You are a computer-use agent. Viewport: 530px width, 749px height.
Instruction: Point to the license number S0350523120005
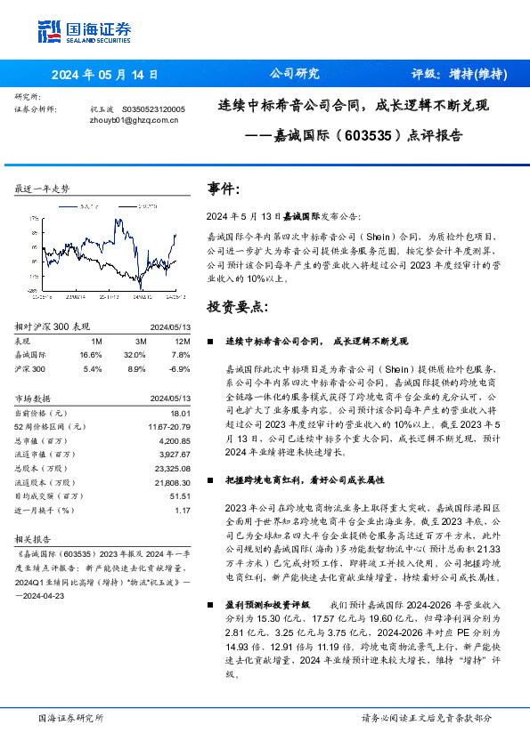pos(152,109)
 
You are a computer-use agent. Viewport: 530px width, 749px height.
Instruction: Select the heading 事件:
pos(224,189)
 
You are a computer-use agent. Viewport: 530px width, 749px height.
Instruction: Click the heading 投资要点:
pos(236,307)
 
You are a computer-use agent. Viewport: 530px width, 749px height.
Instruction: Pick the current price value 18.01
pos(181,413)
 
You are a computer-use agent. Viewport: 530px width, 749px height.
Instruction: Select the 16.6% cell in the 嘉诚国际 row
pos(91,353)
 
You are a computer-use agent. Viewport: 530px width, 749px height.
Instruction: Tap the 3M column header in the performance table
pos(140,340)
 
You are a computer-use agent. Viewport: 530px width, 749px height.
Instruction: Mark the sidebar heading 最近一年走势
pos(43,189)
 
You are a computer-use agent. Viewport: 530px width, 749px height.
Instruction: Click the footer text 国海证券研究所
pos(69,717)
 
